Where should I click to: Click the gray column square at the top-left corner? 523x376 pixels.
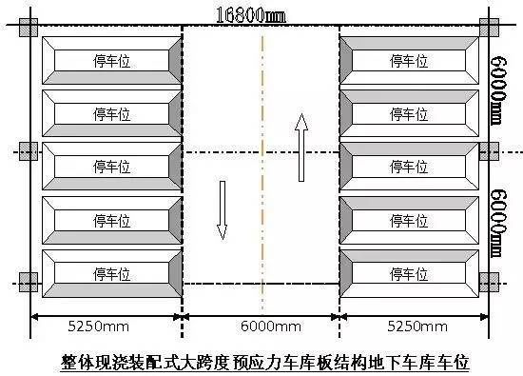(28, 26)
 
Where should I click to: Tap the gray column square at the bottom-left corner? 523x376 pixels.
(28, 283)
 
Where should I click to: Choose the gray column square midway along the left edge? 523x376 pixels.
(28, 152)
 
